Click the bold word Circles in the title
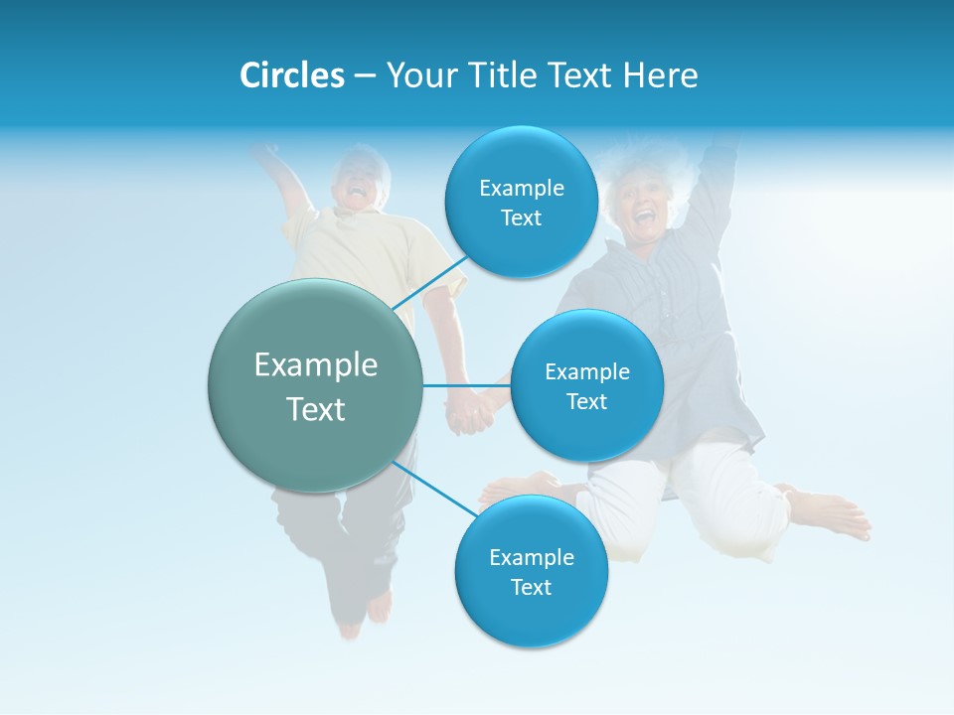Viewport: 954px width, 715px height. [x=291, y=75]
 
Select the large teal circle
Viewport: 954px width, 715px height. [x=315, y=385]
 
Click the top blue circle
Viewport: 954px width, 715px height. [x=521, y=202]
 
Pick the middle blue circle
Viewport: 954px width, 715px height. [x=586, y=385]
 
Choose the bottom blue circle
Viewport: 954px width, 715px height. [x=531, y=571]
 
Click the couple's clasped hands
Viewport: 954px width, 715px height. [x=470, y=412]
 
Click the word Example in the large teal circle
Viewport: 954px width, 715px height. [x=315, y=364]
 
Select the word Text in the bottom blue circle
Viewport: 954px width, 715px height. [x=531, y=587]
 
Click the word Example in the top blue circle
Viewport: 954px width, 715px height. [x=521, y=188]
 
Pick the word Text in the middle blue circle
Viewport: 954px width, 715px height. [x=586, y=401]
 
